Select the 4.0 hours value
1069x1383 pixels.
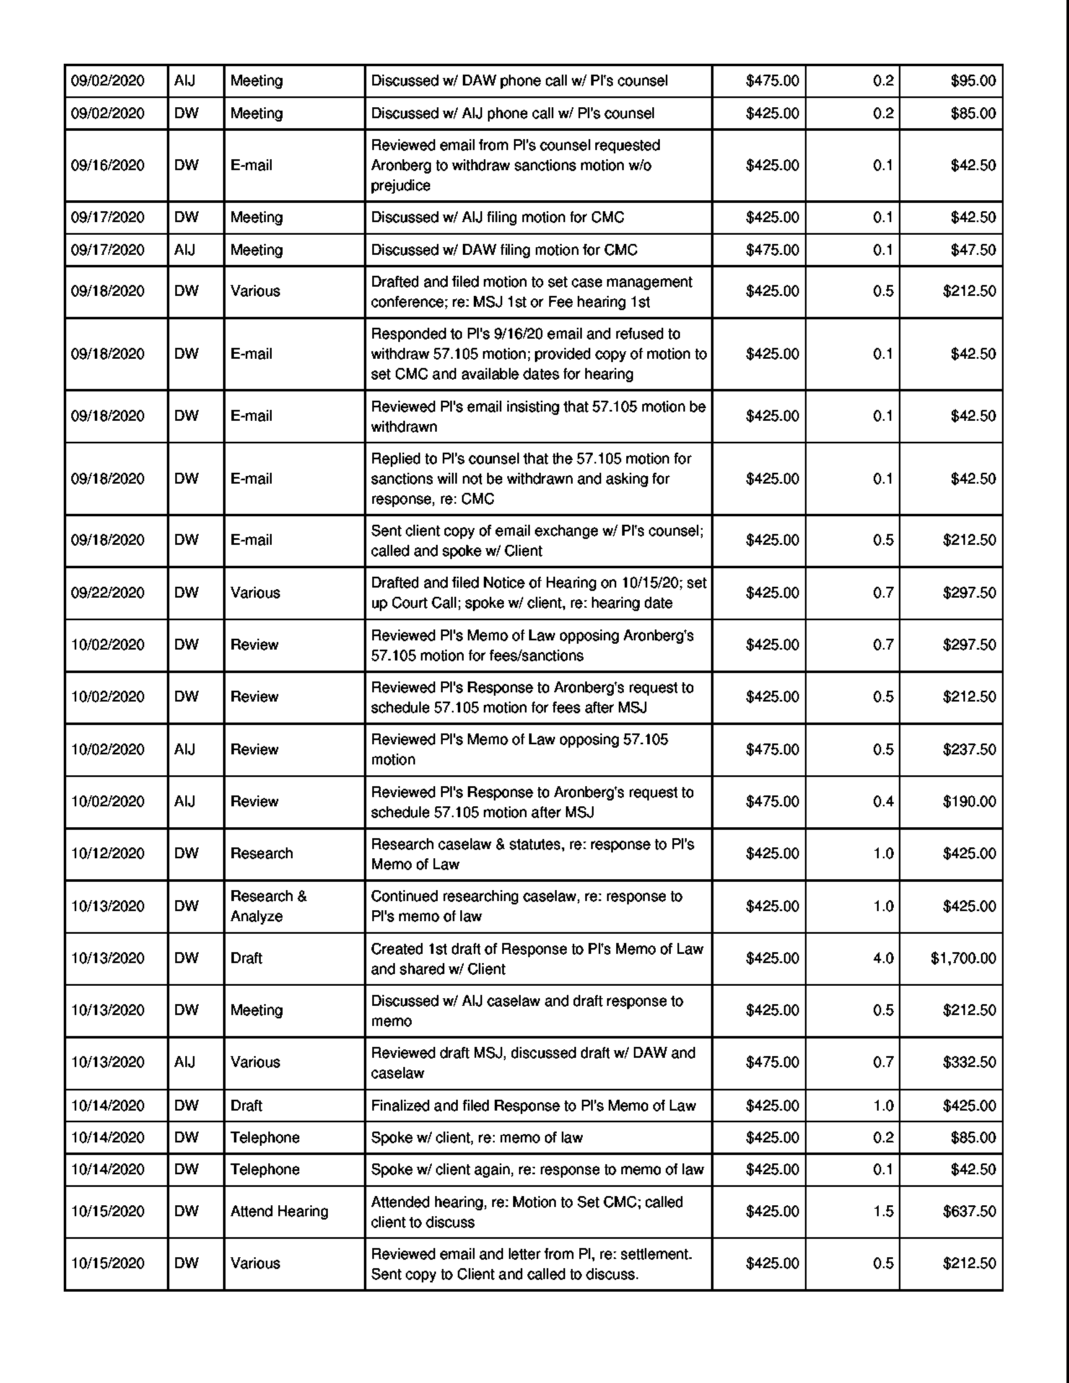pos(883,958)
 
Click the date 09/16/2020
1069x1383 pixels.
pos(108,165)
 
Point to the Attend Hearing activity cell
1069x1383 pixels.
pos(279,1212)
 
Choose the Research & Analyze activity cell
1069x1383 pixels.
pos(269,906)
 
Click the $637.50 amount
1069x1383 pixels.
pos(969,1212)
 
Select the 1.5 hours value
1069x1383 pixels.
pos(883,1212)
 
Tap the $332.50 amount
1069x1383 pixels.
pos(969,1062)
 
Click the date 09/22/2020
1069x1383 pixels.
pos(108,593)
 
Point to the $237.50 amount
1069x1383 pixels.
pos(969,749)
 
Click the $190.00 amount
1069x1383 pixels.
pos(969,802)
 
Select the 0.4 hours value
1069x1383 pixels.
pos(883,802)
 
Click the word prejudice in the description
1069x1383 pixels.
pos(400,186)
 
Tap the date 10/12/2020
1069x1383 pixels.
pos(108,854)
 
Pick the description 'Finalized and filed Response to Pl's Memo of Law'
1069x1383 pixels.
pos(533,1106)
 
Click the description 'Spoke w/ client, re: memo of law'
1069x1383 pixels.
pos(476,1137)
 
